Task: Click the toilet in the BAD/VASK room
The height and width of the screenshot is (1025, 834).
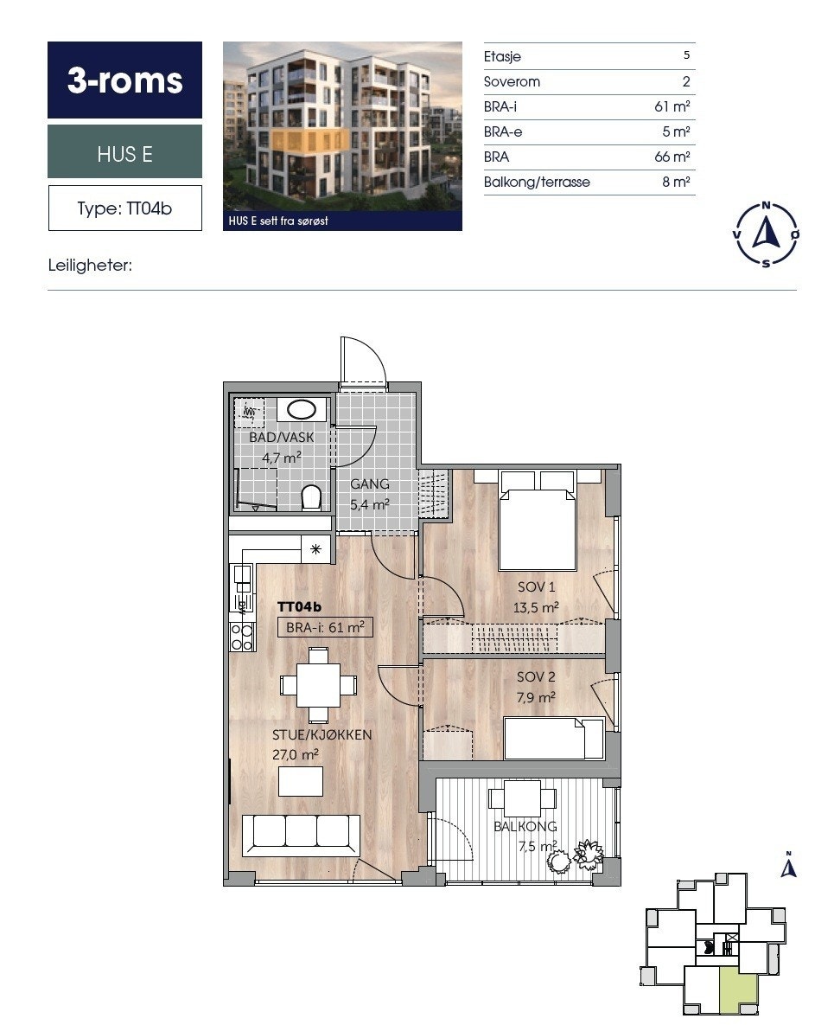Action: [311, 497]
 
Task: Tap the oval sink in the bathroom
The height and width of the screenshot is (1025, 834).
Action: [302, 410]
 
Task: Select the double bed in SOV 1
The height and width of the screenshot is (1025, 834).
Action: [537, 521]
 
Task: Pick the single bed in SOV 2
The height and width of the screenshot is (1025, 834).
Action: [554, 739]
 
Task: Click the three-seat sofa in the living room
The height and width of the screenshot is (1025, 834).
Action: [301, 836]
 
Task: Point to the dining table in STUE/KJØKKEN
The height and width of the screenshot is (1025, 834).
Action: [319, 684]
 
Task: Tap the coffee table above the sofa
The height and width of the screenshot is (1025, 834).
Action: [301, 781]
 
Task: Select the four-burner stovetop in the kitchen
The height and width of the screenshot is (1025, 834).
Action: [242, 637]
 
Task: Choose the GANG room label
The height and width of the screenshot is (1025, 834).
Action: [370, 484]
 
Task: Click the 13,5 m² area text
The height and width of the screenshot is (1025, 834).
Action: [536, 607]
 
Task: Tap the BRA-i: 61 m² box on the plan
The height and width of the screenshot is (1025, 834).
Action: [325, 628]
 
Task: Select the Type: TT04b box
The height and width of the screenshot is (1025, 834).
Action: [124, 208]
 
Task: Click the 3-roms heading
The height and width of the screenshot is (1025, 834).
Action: [124, 80]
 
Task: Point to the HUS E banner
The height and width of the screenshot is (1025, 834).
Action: [124, 152]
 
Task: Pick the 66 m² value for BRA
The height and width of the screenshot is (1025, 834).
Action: [672, 157]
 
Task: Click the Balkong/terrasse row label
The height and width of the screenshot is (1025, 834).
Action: [537, 183]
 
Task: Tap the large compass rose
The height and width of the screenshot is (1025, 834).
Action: [766, 234]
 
